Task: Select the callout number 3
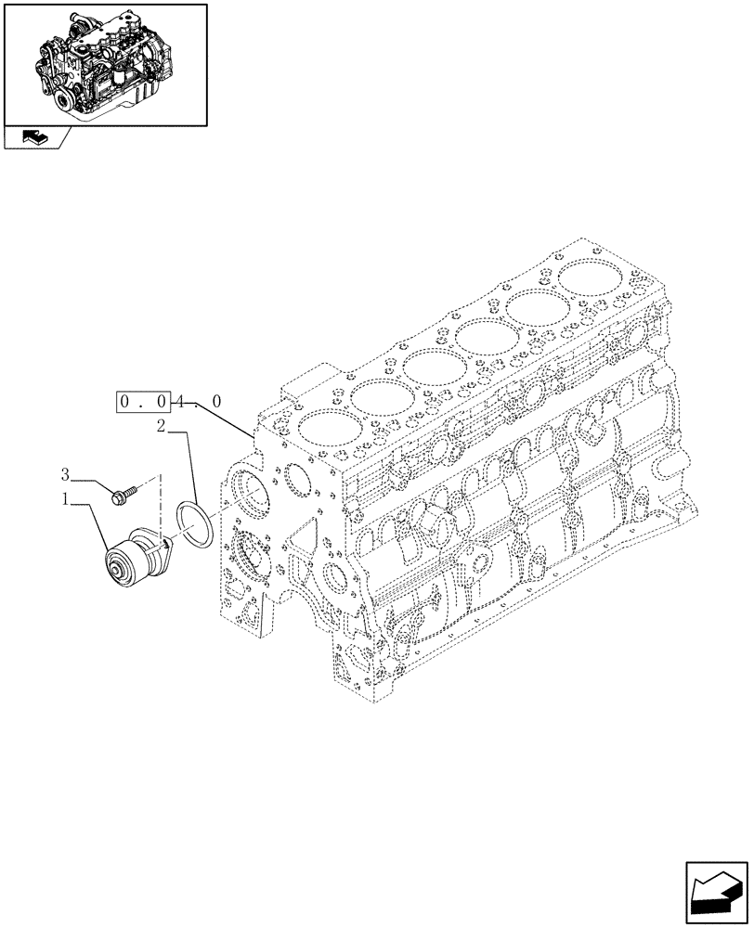pos(66,474)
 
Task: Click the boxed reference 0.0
pos(143,403)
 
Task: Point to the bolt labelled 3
pos(122,496)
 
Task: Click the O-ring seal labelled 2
pos(196,522)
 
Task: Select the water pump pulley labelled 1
pos(124,562)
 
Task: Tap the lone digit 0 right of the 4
pos(215,403)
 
